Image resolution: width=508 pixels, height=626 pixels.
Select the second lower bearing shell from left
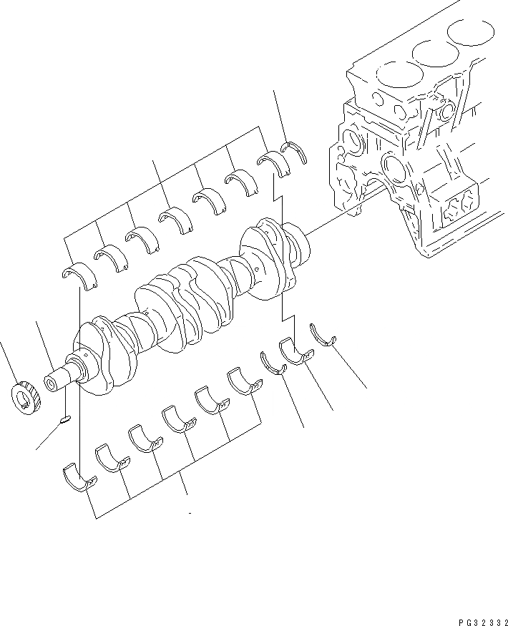[x=111, y=459]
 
